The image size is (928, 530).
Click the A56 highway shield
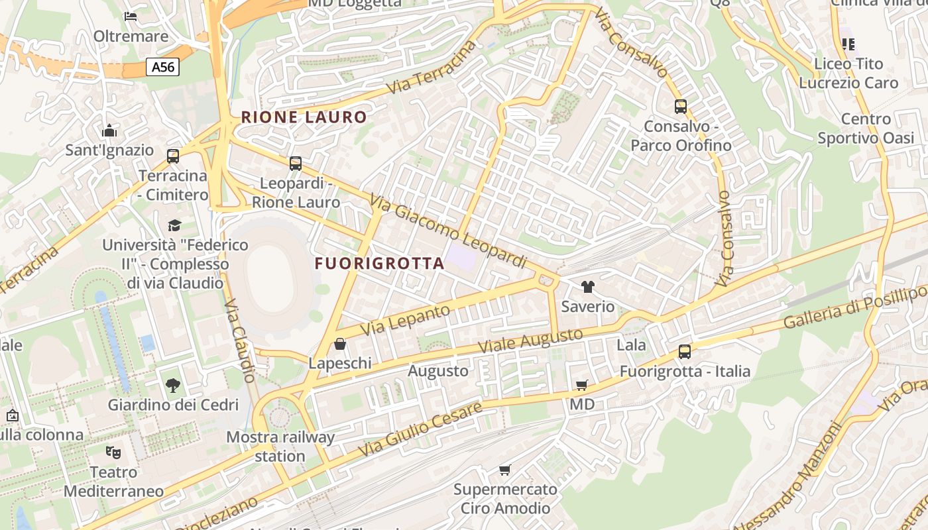(x=162, y=67)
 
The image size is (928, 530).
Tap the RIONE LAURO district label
(x=304, y=118)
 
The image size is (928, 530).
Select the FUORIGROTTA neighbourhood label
(x=379, y=264)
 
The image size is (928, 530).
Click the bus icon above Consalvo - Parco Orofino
(x=680, y=106)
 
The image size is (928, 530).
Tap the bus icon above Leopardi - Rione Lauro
(x=296, y=163)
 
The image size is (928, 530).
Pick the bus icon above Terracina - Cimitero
(x=173, y=156)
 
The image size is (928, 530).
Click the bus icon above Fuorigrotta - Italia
(x=685, y=352)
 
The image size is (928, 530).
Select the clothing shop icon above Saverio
(x=587, y=287)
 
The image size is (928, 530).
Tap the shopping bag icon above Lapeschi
(x=340, y=344)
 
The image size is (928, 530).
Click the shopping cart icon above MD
(x=581, y=385)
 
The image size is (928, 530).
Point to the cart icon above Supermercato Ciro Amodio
(x=505, y=470)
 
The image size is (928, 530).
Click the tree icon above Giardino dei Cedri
(x=172, y=385)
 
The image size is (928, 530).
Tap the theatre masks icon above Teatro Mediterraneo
(x=113, y=453)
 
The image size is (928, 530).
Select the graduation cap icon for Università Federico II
(x=174, y=225)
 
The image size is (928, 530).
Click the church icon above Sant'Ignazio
(x=109, y=131)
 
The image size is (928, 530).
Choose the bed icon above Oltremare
(x=131, y=16)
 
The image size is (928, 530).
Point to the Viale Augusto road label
(x=530, y=341)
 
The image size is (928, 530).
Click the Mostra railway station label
(x=280, y=447)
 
